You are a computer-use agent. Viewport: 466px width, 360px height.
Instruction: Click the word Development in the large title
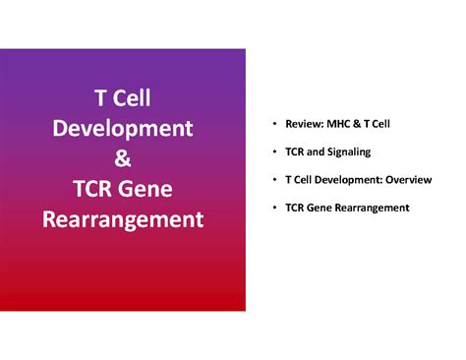(123, 129)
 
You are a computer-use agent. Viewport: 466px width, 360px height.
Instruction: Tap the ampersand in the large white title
(123, 158)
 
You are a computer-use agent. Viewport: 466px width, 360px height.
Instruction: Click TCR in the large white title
(93, 188)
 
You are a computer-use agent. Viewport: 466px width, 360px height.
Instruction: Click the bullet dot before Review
(273, 124)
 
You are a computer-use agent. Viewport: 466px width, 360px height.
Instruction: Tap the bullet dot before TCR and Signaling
(273, 151)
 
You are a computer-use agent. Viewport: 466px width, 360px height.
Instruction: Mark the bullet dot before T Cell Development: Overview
(273, 179)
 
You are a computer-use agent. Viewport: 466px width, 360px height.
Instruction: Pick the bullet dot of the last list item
(273, 208)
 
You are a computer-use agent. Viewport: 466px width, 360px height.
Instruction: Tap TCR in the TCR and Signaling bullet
(294, 151)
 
